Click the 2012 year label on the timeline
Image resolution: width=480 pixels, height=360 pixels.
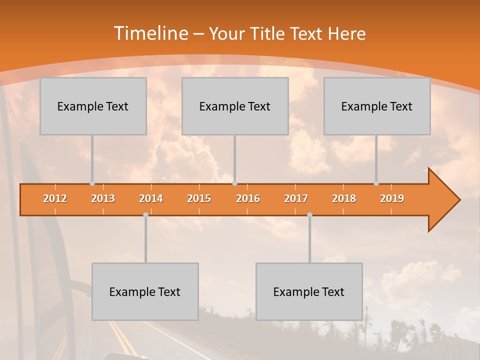coord(55,198)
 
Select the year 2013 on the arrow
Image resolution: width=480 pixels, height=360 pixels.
coord(103,198)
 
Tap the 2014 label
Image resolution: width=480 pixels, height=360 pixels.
coord(151,198)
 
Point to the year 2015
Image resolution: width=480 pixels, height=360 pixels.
coord(199,198)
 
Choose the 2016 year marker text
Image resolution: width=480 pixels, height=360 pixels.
coord(248,198)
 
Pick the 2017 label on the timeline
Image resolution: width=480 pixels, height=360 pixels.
coord(296,198)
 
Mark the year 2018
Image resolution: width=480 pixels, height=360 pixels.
coord(344,198)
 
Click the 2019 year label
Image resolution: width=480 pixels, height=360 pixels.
coord(392,198)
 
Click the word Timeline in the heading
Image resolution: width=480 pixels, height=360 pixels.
coord(150,33)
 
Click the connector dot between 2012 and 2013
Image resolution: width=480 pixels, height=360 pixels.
coord(92,183)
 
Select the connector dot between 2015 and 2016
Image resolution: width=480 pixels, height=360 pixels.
coord(234,183)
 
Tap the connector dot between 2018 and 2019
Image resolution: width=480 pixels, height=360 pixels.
coord(376,183)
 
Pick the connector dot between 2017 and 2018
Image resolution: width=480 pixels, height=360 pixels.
coord(309,215)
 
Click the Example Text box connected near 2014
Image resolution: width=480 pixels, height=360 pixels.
coord(145,291)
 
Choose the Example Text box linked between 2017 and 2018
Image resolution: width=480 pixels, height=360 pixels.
coord(309,291)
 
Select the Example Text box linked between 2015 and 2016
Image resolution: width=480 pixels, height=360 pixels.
coord(235,106)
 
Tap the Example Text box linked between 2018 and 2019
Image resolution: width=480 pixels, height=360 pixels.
coord(377,106)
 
